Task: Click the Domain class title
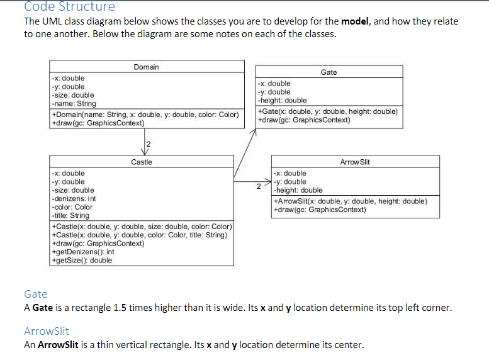click(146, 67)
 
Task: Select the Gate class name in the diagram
click(329, 72)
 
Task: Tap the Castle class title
click(142, 162)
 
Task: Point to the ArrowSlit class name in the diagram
click(355, 162)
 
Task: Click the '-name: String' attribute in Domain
click(74, 103)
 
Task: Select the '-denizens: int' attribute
click(73, 198)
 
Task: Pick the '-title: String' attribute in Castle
click(70, 215)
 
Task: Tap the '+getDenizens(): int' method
click(83, 251)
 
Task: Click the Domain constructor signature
click(145, 115)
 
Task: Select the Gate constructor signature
click(327, 111)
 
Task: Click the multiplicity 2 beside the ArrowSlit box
click(258, 186)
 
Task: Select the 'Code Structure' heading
click(69, 7)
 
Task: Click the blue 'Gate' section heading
click(35, 294)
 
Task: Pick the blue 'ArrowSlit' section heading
click(46, 331)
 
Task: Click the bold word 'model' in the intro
click(356, 21)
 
